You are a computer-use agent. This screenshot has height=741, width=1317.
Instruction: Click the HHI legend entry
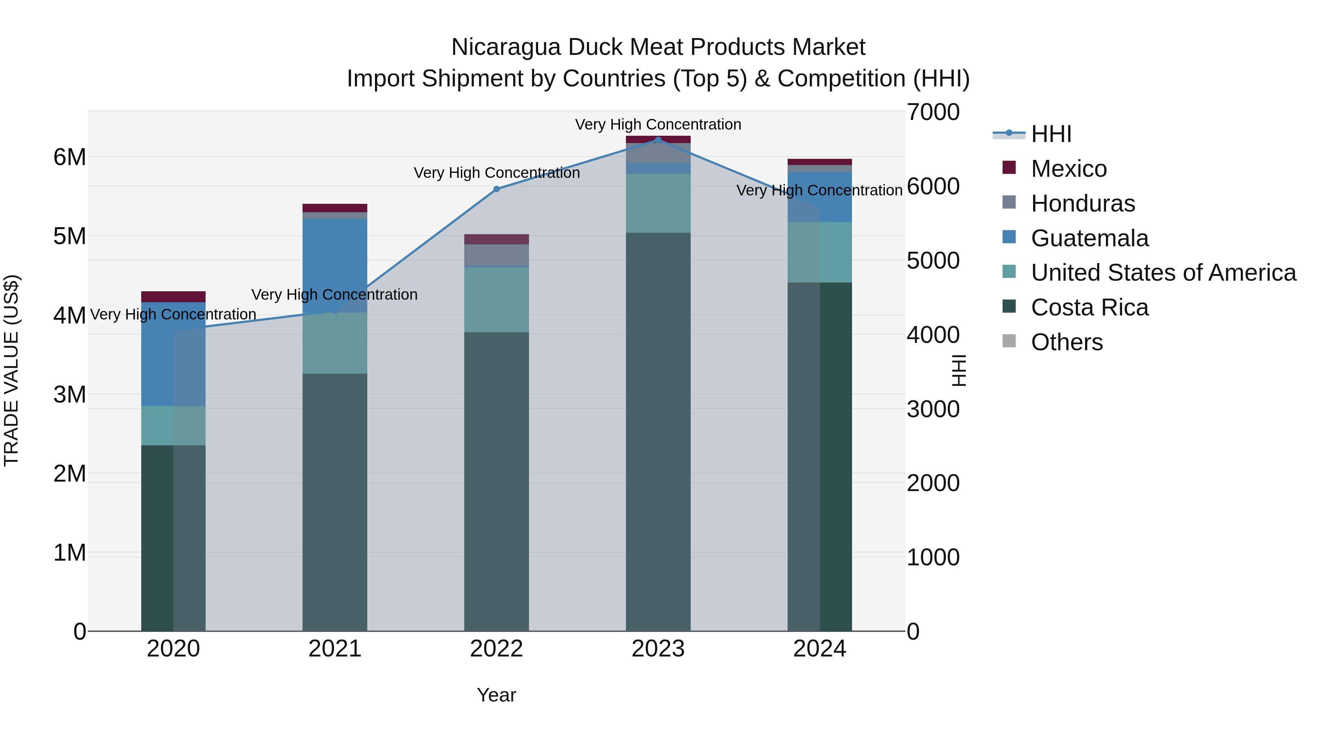[x=1051, y=134]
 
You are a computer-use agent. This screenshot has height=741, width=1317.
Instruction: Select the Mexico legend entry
[x=1069, y=169]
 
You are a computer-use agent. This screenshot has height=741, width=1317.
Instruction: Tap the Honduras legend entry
[x=1083, y=203]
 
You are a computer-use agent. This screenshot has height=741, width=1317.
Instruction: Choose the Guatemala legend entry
[x=1089, y=238]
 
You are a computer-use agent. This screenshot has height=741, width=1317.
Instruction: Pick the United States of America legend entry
[x=1163, y=273]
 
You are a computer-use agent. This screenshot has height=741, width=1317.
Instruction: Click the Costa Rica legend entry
[x=1089, y=307]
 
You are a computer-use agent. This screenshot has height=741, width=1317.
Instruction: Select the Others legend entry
[x=1066, y=342]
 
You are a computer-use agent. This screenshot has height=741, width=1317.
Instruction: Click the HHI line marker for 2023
[x=658, y=140]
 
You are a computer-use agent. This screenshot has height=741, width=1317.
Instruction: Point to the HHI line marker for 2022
[x=496, y=189]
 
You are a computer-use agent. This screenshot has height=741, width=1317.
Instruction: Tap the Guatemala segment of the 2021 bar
[x=335, y=256]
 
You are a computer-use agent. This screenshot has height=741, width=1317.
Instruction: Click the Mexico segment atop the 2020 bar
[x=173, y=297]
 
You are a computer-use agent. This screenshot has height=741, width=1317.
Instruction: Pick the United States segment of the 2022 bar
[x=496, y=300]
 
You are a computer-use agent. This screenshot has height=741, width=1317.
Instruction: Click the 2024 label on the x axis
[x=819, y=649]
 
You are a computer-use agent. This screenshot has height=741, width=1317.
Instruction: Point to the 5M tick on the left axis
[x=70, y=236]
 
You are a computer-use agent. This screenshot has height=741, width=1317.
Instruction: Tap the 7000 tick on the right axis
[x=933, y=112]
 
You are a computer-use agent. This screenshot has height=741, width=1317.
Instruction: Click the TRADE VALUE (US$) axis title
[x=11, y=370]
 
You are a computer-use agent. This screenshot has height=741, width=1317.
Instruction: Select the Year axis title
[x=496, y=695]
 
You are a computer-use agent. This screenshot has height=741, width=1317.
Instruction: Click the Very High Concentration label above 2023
[x=658, y=124]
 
